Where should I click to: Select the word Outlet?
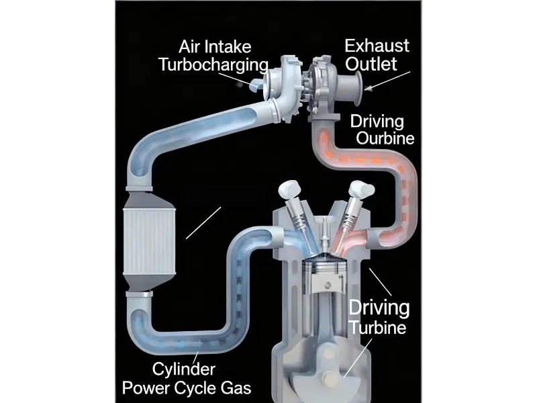[371, 64]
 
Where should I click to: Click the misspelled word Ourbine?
[385, 139]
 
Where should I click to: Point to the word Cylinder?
[183, 369]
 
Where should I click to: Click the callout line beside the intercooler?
[203, 223]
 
